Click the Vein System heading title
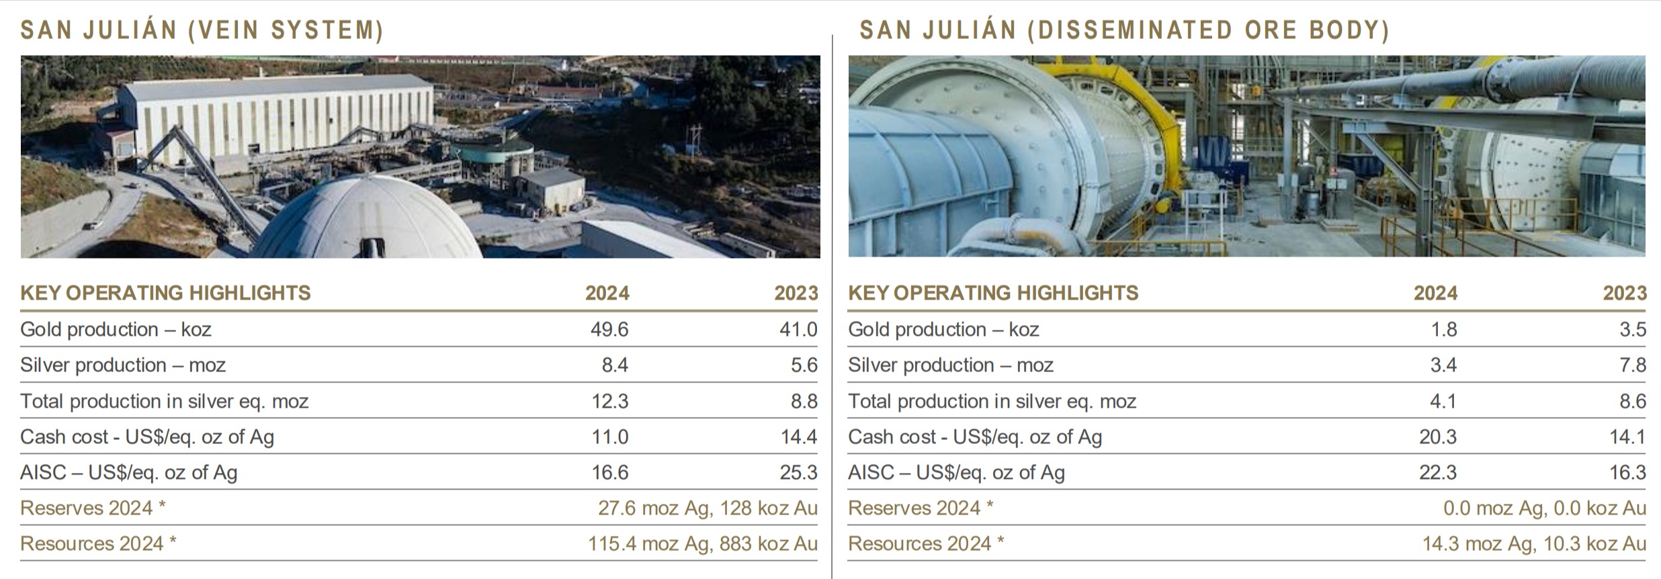[202, 30]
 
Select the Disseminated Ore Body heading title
[1124, 30]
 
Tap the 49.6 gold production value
[609, 329]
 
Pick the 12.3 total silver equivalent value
[609, 401]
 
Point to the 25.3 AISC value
[798, 472]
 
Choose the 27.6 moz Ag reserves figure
[652, 508]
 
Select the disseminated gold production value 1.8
[1443, 329]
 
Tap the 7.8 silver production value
[1632, 365]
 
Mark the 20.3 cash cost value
[1438, 437]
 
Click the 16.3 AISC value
[1627, 472]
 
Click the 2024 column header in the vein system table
[607, 293]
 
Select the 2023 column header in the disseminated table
[1625, 293]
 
